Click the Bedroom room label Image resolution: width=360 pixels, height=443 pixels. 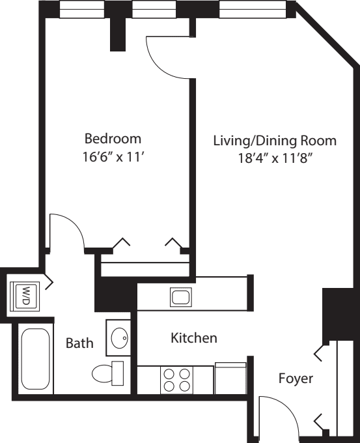coord(113,139)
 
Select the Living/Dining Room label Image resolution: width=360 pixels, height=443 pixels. coord(275,140)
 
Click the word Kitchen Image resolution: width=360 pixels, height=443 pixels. coord(193,338)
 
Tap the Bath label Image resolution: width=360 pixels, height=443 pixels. coord(79,343)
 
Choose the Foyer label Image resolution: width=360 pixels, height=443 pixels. coord(296,378)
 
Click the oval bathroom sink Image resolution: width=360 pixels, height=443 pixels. coord(118,338)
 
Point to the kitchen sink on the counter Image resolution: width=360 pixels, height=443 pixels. coord(180,297)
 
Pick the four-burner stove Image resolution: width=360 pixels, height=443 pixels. coord(177,380)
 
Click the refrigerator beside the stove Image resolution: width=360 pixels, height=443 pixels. coord(230,379)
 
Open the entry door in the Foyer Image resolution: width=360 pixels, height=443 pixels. coord(277,417)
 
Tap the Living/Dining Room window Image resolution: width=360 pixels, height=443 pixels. coord(251,9)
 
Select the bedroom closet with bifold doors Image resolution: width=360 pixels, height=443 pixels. coord(145,264)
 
